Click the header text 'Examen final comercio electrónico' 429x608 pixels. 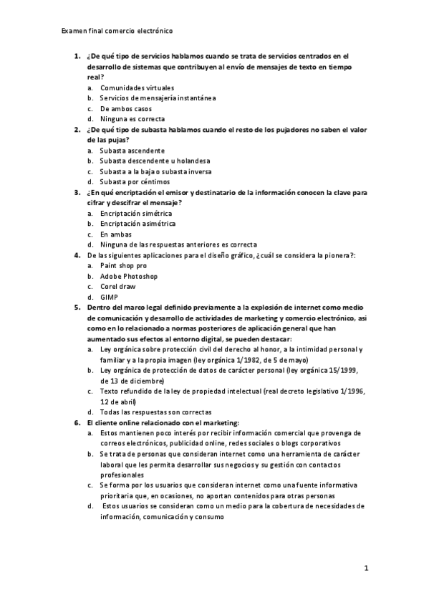[117, 32]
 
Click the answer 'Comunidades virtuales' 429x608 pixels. [137, 87]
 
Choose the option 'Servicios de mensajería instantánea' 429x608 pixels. [158, 98]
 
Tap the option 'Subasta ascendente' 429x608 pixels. [132, 151]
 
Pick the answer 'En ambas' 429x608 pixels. [115, 234]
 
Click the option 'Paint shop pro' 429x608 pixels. [123, 266]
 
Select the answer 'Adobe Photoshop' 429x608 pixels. [129, 276]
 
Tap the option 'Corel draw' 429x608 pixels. [117, 287]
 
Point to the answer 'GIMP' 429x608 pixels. [109, 297]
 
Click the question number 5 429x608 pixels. [77, 308]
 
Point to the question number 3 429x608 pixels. [77, 192]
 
